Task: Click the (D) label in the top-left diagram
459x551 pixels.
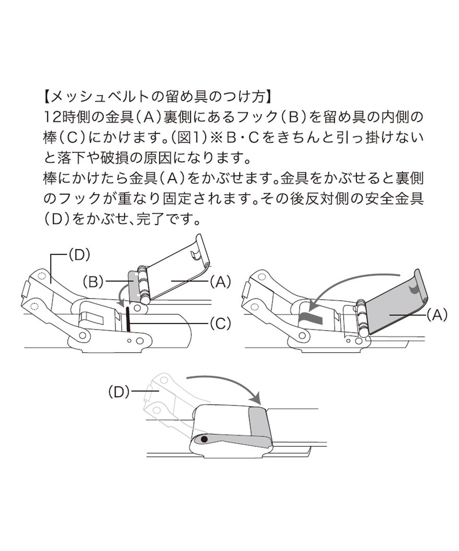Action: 79,255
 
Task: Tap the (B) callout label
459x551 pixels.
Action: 93,282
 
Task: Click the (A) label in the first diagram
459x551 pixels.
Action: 220,281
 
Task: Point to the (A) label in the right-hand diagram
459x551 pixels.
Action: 437,315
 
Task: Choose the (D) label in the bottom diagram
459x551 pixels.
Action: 119,392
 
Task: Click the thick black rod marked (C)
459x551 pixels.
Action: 128,319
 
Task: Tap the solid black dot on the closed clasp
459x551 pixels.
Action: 204,439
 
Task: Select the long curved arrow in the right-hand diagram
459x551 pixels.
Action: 353,280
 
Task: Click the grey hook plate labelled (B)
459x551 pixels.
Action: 134,287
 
